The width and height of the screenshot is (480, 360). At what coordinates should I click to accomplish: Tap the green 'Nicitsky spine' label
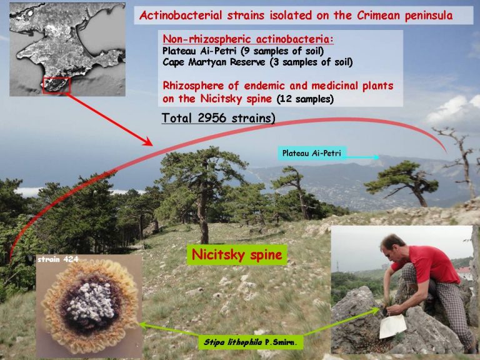coord(237,255)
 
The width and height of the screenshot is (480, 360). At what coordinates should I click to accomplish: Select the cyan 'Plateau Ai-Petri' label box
coord(312,153)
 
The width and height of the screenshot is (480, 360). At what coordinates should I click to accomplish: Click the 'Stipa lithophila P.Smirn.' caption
coord(251,342)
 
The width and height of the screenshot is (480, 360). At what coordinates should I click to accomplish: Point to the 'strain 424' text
coord(58,259)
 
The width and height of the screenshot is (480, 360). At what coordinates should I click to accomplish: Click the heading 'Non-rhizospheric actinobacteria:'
coord(248,39)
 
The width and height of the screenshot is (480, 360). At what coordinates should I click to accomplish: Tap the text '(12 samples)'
coord(305,99)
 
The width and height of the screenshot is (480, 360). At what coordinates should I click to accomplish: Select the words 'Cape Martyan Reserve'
coord(214,62)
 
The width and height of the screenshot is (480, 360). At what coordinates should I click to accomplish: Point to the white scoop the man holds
coord(392,326)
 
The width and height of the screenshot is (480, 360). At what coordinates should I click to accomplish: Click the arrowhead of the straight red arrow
coord(148,141)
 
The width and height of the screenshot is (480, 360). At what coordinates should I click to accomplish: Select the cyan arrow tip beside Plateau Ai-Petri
coord(376,157)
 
